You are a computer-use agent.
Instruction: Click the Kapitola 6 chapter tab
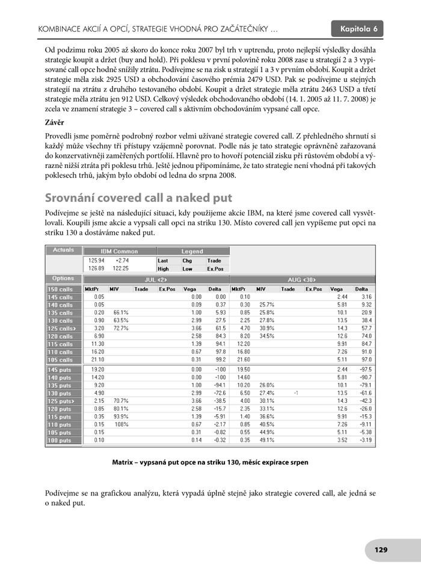tap(358, 29)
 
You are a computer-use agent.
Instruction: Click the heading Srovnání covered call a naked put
tap(139, 198)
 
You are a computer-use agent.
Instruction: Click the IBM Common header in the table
tap(119, 251)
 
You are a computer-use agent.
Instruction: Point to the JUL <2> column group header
tap(156, 280)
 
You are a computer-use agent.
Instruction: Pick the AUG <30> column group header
tap(303, 280)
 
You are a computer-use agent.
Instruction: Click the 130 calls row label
tap(61, 320)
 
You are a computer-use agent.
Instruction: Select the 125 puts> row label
tap(61, 400)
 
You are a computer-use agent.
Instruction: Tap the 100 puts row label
tap(61, 440)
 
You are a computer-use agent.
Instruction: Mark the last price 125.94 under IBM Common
tap(96, 261)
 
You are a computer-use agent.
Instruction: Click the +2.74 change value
tap(122, 261)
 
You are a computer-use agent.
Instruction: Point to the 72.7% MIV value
tap(121, 328)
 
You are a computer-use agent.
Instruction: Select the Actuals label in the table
tap(64, 250)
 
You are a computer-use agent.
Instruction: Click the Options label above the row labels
tap(63, 279)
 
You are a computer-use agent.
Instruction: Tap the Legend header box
tap(192, 251)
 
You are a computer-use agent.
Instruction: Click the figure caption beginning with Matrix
tap(210, 462)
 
